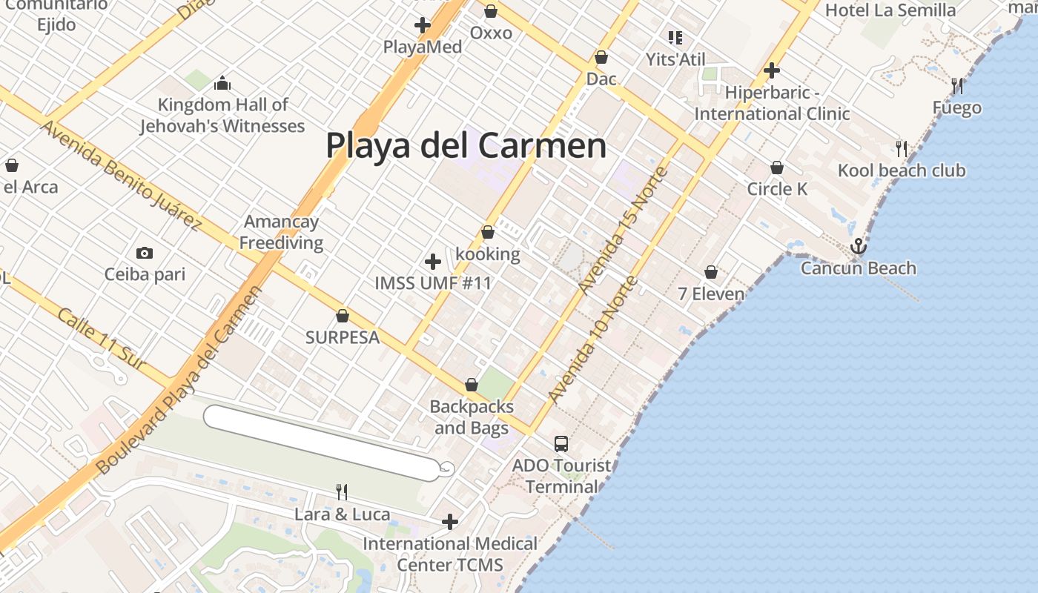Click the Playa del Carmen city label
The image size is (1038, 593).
(x=466, y=145)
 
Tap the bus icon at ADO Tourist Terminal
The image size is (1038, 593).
(x=561, y=444)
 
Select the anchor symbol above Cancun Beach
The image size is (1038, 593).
(x=859, y=246)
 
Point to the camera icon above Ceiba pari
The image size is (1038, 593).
(x=145, y=254)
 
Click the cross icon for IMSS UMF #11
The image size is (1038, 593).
(x=433, y=262)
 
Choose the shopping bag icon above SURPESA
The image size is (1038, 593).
(x=343, y=317)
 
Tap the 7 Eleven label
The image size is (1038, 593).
(x=711, y=294)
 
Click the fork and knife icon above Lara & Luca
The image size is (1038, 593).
(x=342, y=491)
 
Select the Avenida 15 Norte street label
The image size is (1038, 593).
(x=624, y=231)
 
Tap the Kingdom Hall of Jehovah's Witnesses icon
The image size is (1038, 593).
(x=222, y=84)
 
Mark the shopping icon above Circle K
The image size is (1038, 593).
(x=777, y=168)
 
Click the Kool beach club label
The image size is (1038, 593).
(x=902, y=170)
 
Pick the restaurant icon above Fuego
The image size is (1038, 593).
(x=957, y=86)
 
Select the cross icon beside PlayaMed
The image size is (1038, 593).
(x=423, y=25)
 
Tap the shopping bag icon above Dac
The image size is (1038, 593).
(x=601, y=57)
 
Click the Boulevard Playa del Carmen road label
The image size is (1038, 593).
(x=180, y=380)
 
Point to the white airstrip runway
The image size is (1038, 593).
(x=323, y=443)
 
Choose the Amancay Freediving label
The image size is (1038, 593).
(x=281, y=232)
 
